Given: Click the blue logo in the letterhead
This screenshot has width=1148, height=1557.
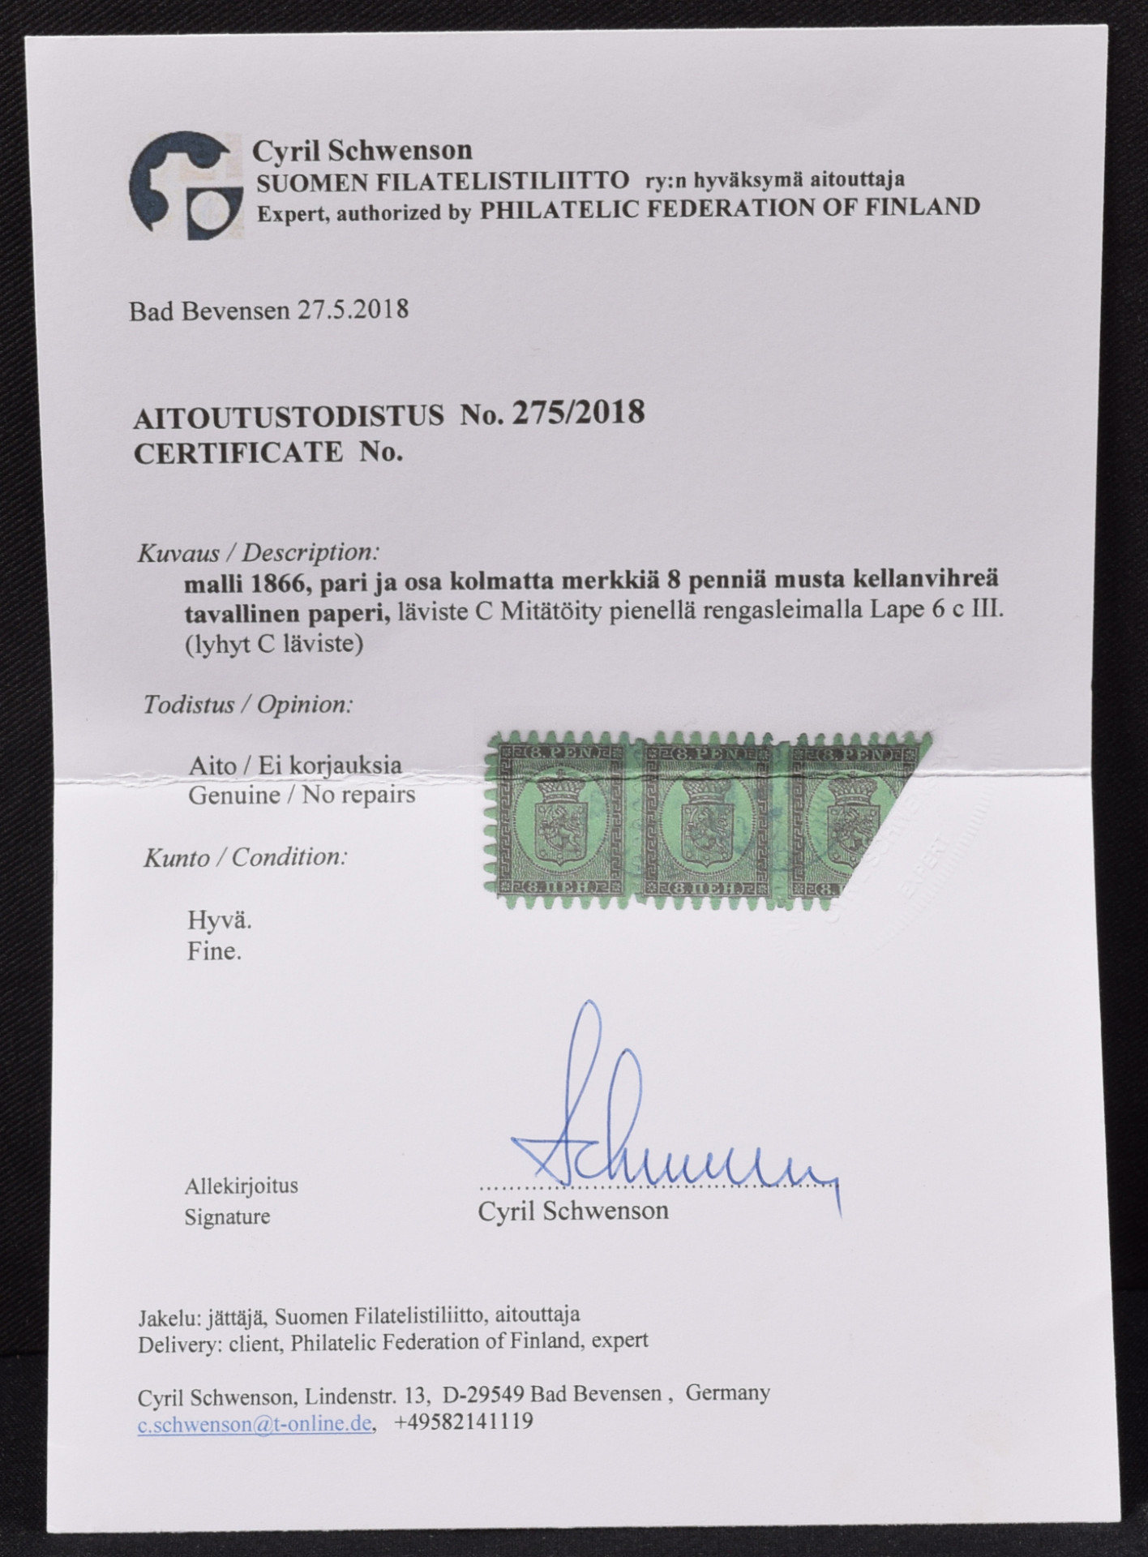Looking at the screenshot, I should (186, 186).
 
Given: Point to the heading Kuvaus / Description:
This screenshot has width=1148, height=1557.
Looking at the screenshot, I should (258, 553).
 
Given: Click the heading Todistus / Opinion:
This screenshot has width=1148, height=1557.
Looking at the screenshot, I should (248, 704).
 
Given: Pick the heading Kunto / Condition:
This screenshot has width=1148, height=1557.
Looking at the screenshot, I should (246, 857).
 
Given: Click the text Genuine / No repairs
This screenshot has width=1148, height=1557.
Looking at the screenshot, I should (302, 795).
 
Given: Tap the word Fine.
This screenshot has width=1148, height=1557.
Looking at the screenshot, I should (214, 950).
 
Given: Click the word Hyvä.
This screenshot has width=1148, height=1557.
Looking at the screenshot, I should (220, 920).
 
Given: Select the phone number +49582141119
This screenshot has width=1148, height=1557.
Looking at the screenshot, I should (464, 1422).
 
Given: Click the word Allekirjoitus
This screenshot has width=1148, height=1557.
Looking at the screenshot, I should (242, 1186).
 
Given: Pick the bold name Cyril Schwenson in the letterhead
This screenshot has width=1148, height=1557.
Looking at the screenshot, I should (362, 150).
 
